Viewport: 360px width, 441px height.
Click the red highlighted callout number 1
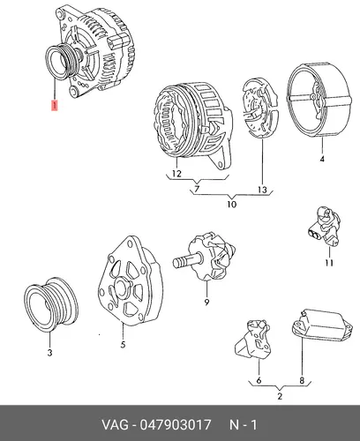pyautogui.click(x=55, y=106)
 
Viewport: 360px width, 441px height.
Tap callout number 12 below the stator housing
pyautogui.click(x=176, y=174)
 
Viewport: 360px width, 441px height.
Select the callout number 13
pyautogui.click(x=262, y=190)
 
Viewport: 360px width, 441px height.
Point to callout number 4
pyautogui.click(x=322, y=159)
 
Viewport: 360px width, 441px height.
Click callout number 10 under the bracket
pyautogui.click(x=231, y=204)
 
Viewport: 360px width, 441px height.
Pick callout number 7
pyautogui.click(x=197, y=189)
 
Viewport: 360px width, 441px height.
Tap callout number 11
pyautogui.click(x=329, y=263)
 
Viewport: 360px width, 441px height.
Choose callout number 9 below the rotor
pyautogui.click(x=206, y=302)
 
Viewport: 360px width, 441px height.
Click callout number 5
pyautogui.click(x=123, y=345)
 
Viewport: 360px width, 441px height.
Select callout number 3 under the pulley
pyautogui.click(x=49, y=352)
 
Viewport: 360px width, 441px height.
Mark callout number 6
pyautogui.click(x=259, y=380)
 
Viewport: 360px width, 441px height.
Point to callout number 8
pyautogui.click(x=302, y=380)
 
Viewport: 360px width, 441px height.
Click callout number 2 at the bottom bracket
pyautogui.click(x=280, y=396)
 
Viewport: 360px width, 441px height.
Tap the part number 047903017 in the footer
pyautogui.click(x=176, y=425)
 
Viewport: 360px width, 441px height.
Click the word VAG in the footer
pyautogui.click(x=115, y=425)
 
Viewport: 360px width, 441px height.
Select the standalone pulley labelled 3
pyautogui.click(x=50, y=304)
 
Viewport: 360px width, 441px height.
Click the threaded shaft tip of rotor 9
pyautogui.click(x=175, y=262)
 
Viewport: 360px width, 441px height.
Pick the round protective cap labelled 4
pyautogui.click(x=319, y=100)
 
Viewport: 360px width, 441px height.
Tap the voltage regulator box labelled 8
pyautogui.click(x=322, y=325)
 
